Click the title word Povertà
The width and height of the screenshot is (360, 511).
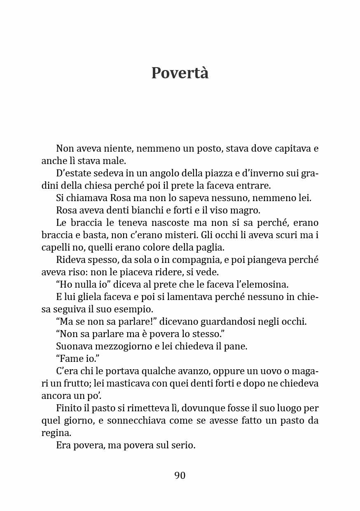[180, 73]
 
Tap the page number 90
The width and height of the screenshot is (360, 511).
[180, 476]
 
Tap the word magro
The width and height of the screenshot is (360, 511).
[246, 211]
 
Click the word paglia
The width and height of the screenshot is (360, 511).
[209, 248]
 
